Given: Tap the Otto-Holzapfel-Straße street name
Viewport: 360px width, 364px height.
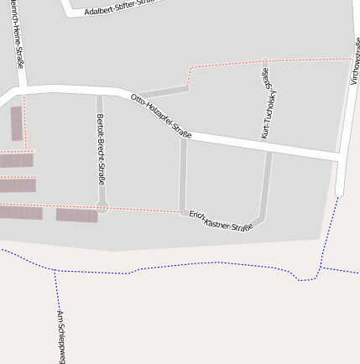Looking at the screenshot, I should (x=161, y=117).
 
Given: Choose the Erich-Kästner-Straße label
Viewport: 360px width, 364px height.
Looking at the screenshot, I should (x=221, y=221).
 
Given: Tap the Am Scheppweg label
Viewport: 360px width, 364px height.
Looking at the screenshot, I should (x=60, y=336).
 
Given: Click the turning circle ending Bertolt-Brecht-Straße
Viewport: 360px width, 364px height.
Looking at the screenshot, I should (x=102, y=207).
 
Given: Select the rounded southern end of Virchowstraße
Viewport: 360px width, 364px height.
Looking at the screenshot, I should (x=340, y=190).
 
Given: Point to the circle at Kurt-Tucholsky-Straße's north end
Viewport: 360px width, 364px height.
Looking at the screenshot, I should (x=265, y=62).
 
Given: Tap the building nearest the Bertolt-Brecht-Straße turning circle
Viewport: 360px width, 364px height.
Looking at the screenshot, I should (x=77, y=216).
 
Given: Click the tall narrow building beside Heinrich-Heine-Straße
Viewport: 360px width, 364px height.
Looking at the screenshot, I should (x=16, y=123).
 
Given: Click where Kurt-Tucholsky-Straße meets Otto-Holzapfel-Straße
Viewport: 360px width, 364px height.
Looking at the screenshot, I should (x=269, y=143).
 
